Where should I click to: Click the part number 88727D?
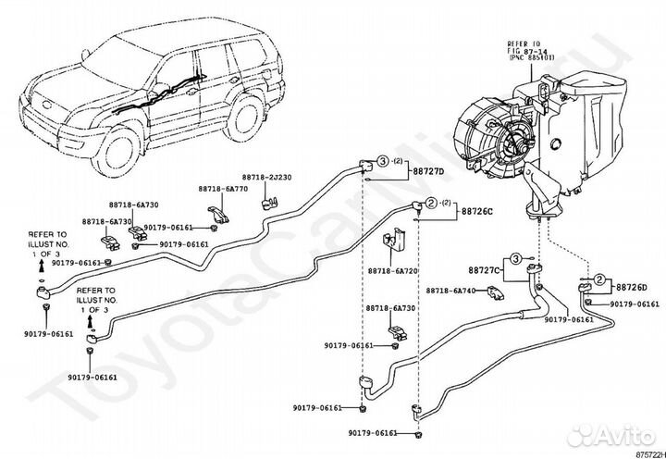coord(427,171)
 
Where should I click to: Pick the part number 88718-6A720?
coord(392,272)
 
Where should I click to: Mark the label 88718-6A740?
coord(451,291)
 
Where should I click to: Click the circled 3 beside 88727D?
coord(380,163)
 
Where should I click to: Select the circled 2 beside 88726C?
coord(430,203)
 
